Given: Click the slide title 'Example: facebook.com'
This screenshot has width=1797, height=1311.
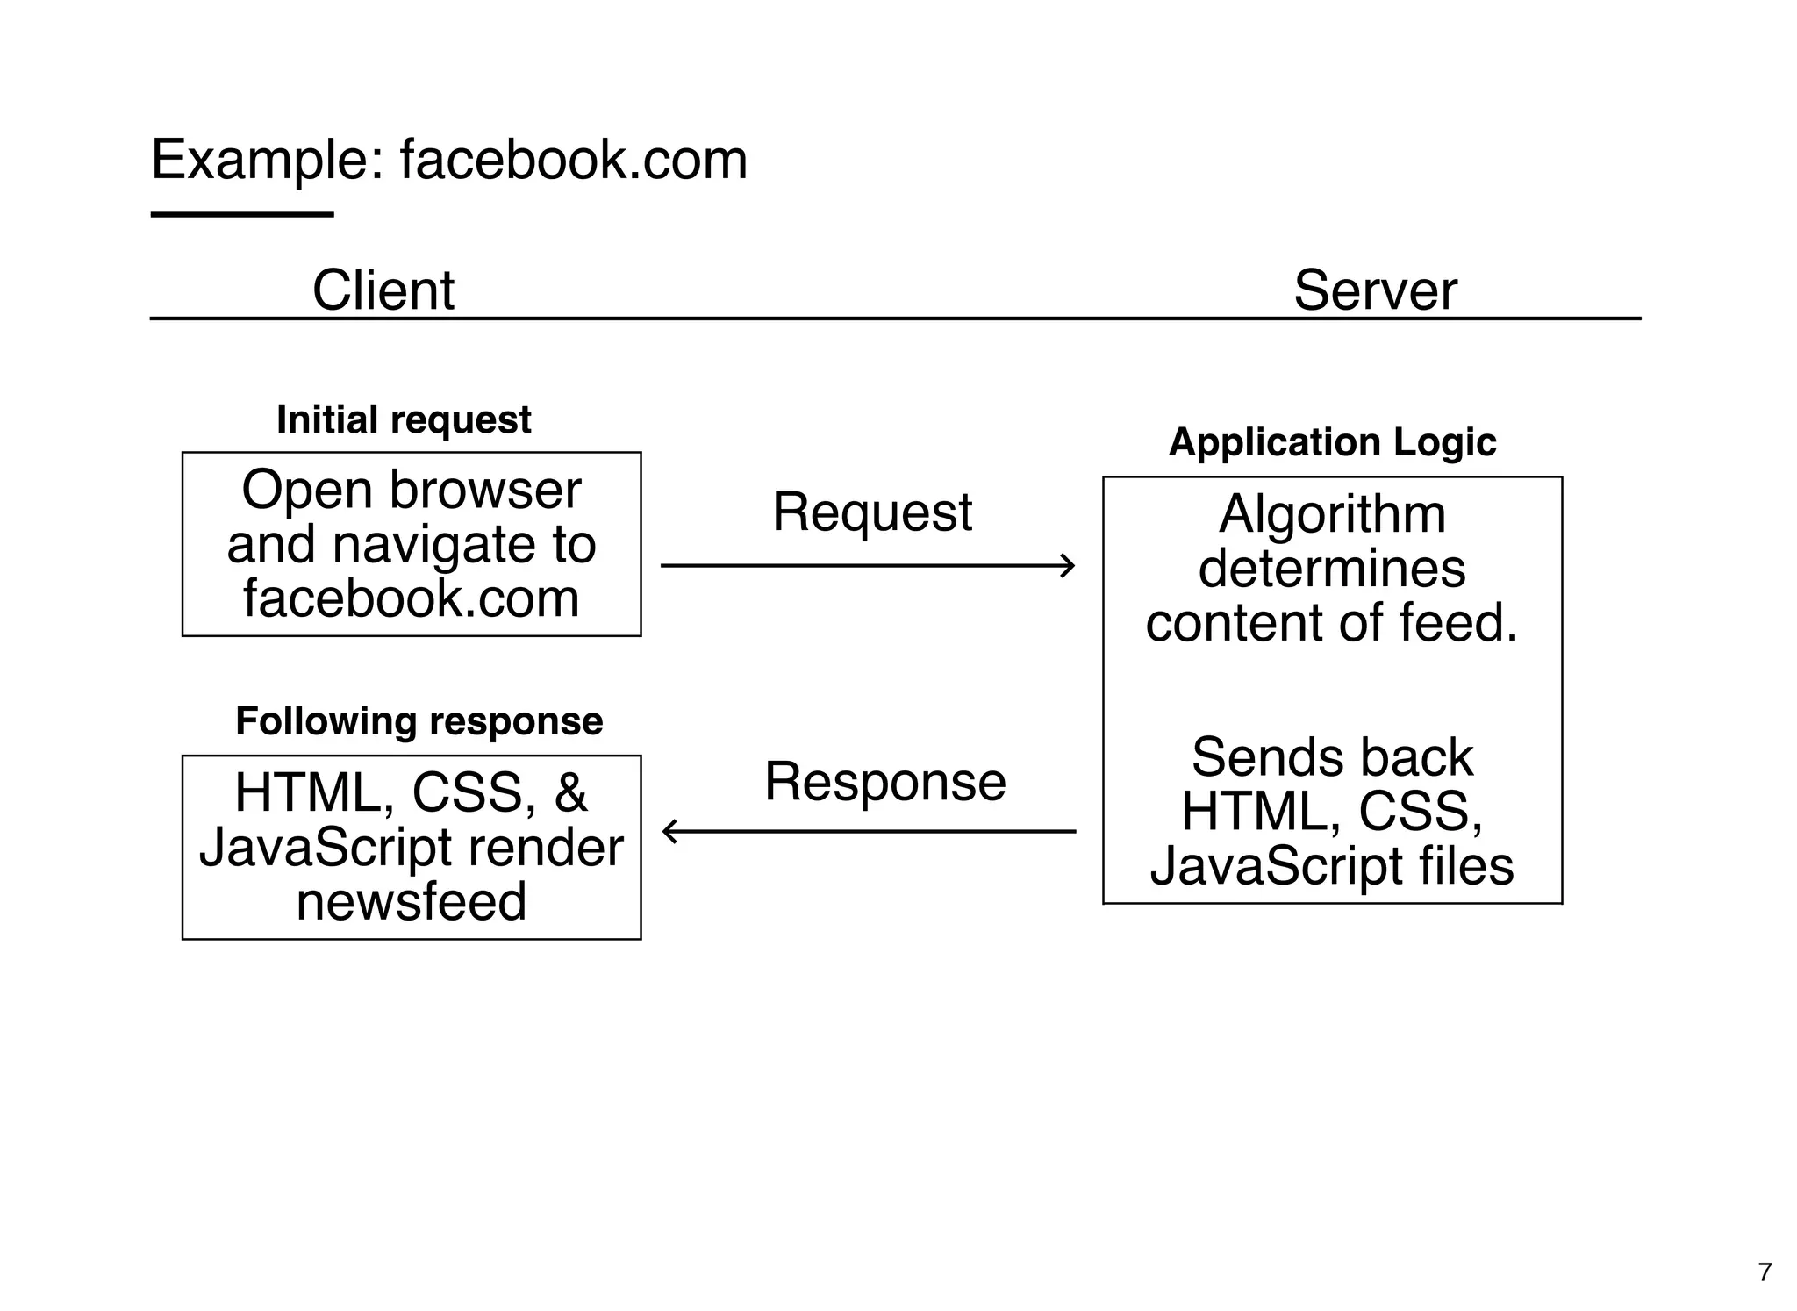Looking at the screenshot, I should (x=448, y=161).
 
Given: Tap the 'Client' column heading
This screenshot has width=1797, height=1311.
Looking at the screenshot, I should (x=383, y=290).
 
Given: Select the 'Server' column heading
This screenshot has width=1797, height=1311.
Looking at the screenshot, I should (x=1374, y=290).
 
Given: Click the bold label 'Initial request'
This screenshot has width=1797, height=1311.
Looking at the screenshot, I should (x=404, y=419).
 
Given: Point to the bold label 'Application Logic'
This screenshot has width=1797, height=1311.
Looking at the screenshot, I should (x=1332, y=441).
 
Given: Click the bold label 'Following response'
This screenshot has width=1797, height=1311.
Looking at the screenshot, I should (x=419, y=721).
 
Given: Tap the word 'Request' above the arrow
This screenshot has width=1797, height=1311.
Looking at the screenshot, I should (x=871, y=512).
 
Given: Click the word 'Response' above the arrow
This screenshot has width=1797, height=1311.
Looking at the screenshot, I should (x=884, y=781).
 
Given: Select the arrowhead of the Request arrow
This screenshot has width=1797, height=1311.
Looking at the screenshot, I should (x=1068, y=566).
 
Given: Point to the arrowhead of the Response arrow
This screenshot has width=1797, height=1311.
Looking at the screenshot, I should (x=669, y=831).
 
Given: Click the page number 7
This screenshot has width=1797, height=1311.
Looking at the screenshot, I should (x=1765, y=1272).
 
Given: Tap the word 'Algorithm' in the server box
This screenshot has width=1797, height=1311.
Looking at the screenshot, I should (x=1332, y=514).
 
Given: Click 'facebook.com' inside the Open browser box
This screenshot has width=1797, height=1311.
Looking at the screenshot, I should (x=411, y=598).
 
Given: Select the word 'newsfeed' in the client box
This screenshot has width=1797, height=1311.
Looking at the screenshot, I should (x=411, y=902).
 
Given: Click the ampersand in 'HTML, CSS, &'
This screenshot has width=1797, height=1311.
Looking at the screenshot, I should (x=570, y=793).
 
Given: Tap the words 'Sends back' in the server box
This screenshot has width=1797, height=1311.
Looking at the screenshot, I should (x=1332, y=757).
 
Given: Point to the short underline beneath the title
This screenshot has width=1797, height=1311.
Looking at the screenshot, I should (x=242, y=214).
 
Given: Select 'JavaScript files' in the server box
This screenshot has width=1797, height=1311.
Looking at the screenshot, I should (x=1332, y=866).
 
